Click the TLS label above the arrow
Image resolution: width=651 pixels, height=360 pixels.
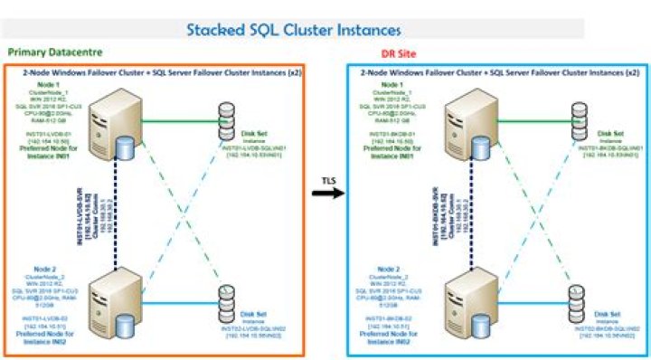click(x=331, y=180)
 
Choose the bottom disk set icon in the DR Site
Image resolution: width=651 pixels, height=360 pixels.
click(x=576, y=298)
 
